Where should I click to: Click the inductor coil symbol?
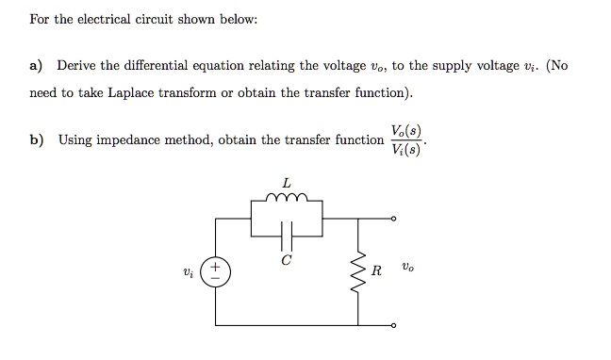point(287,199)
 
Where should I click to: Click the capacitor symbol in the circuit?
point(287,233)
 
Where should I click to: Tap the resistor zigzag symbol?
point(357,271)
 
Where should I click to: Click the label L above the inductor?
point(287,182)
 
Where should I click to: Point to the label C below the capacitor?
point(287,259)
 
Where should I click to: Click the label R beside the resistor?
point(376,272)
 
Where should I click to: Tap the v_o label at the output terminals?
point(405,269)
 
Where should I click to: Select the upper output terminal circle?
point(394,219)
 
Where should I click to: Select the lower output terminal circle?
point(394,325)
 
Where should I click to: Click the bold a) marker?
point(37,66)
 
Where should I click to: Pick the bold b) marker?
point(37,140)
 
